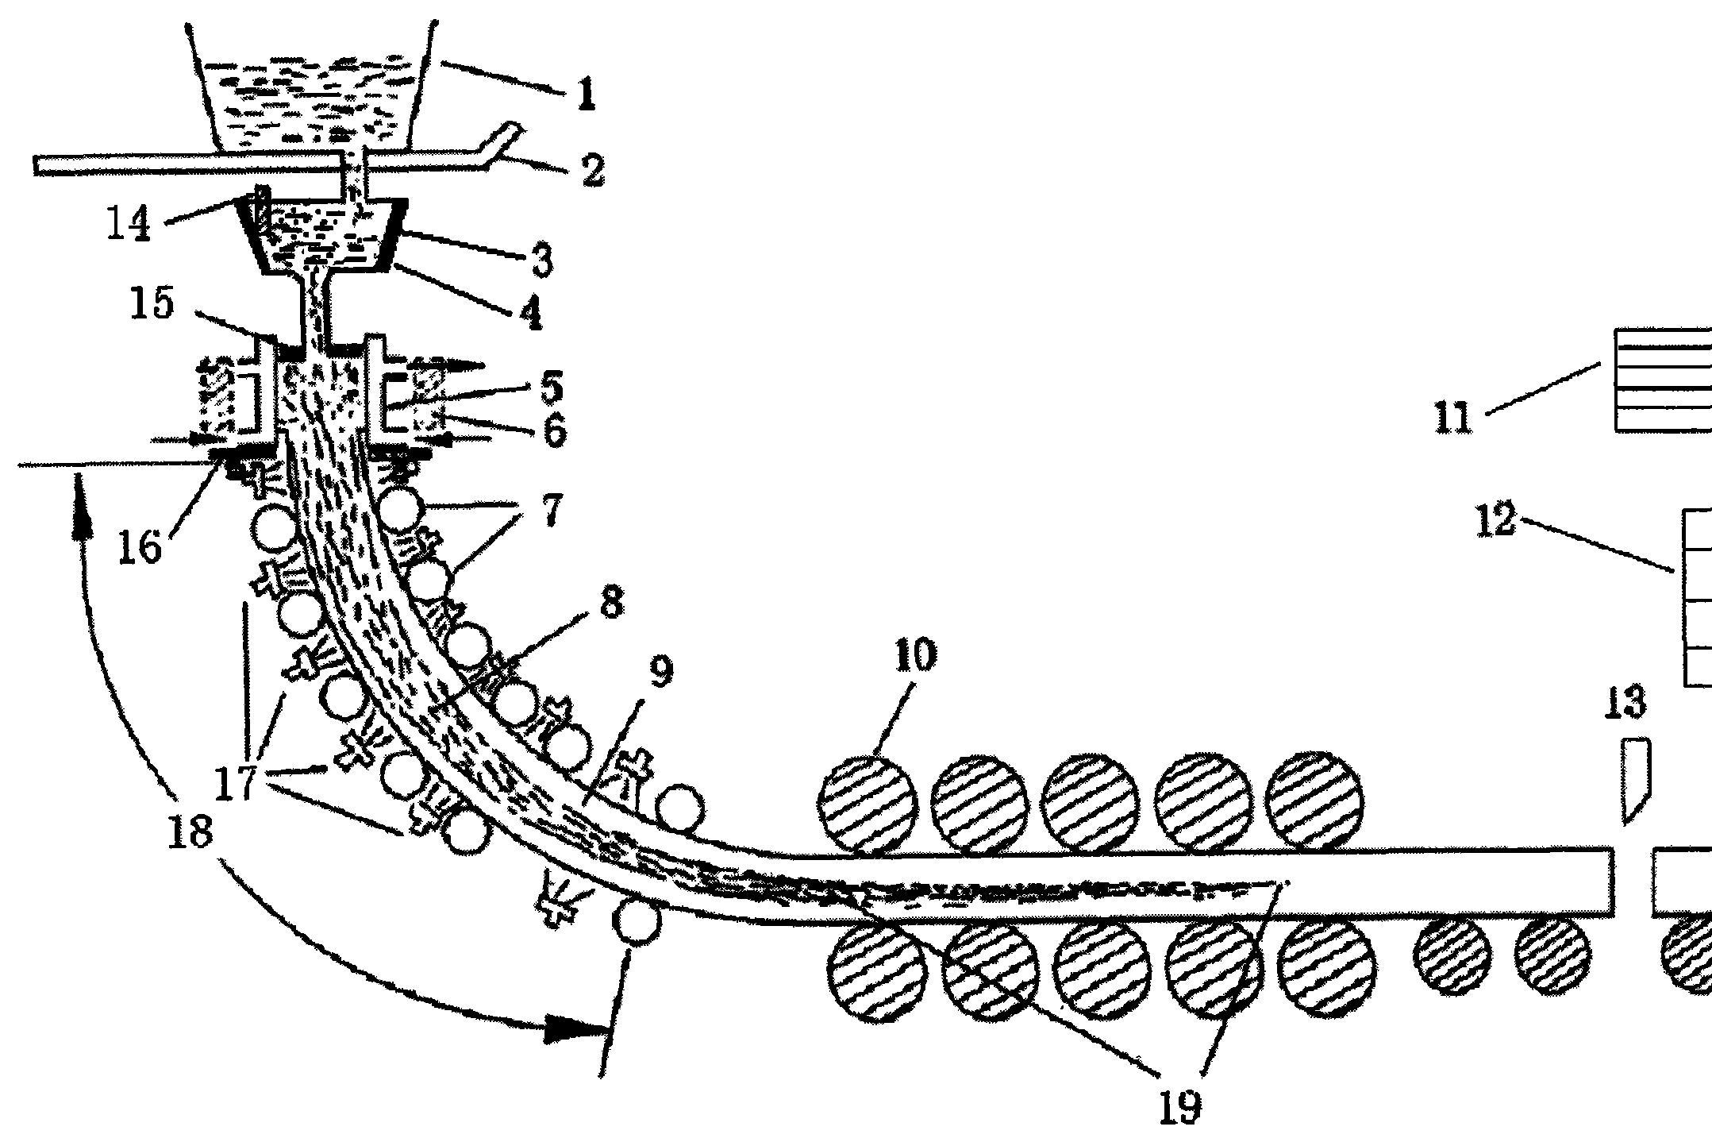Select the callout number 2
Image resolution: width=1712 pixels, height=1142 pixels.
coord(591,169)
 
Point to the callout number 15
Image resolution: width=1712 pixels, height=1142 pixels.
coord(152,303)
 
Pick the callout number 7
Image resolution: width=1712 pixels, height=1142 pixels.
coord(551,510)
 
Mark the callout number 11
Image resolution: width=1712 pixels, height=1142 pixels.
coord(1454,417)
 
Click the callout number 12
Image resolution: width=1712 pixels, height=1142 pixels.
coord(1496,523)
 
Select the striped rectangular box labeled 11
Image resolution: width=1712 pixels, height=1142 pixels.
coord(1664,380)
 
